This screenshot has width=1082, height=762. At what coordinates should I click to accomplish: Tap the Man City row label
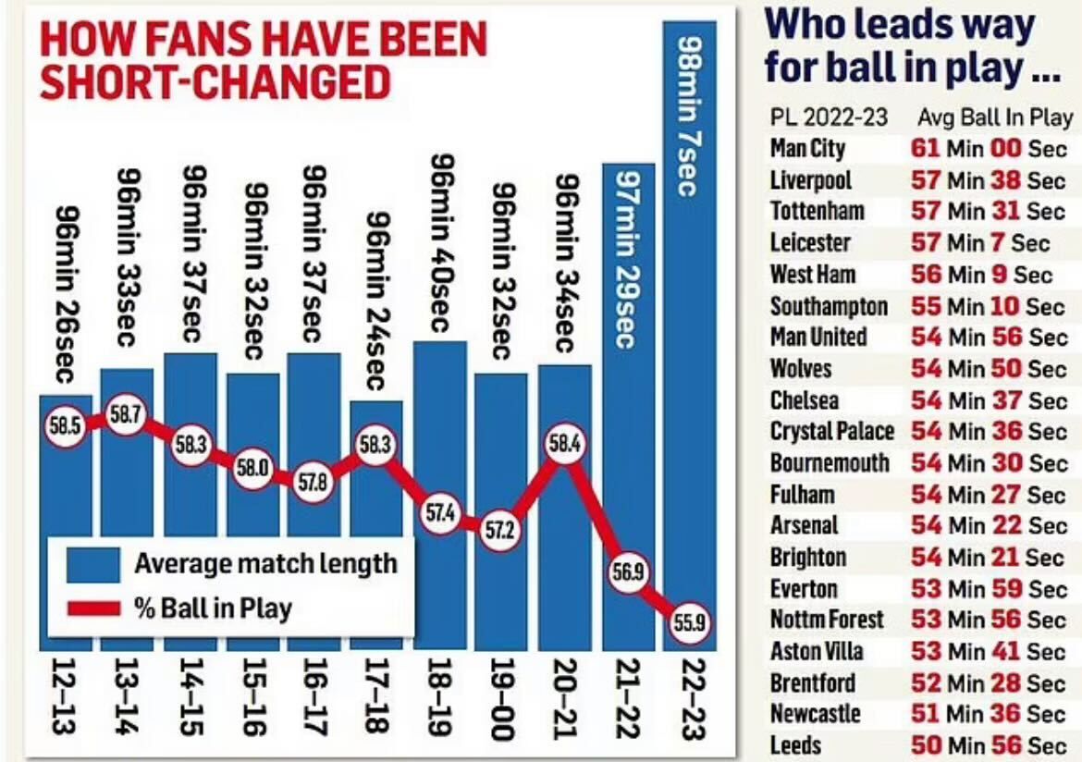click(x=807, y=149)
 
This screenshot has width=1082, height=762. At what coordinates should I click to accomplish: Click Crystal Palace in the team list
click(x=831, y=432)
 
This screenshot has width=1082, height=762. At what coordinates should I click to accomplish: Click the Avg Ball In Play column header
click(x=994, y=118)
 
